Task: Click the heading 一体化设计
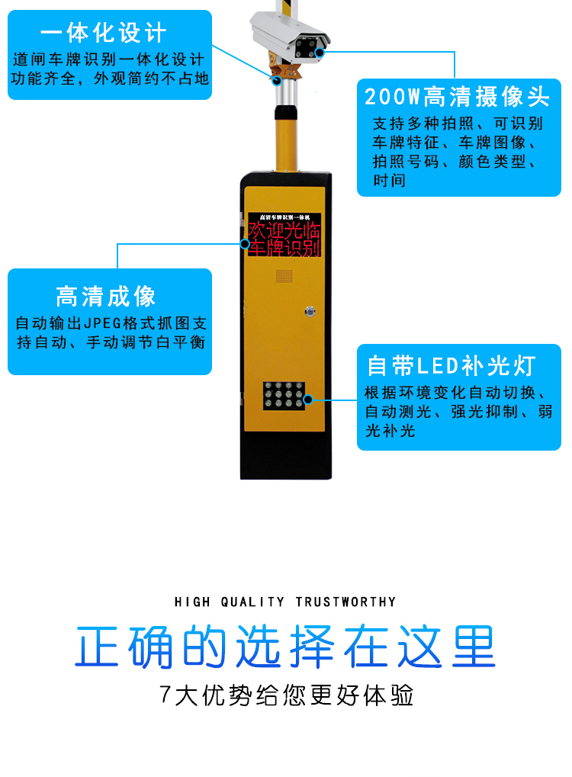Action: (103, 33)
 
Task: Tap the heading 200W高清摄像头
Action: (457, 97)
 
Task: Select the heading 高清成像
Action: (105, 297)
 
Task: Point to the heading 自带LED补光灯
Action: (451, 366)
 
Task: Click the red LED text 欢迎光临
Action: (284, 231)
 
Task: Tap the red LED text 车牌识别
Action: (284, 248)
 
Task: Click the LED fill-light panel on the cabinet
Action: (284, 396)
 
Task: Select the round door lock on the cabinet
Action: (310, 311)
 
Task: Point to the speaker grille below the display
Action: (284, 276)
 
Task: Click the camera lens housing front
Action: (307, 48)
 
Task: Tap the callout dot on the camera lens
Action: (320, 52)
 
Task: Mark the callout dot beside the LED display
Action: (244, 244)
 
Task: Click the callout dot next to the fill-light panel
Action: (308, 400)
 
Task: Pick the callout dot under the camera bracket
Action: (277, 80)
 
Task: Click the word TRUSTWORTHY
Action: (346, 602)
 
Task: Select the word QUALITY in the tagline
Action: (252, 602)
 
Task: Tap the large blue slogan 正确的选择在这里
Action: (285, 646)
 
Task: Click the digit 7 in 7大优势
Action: (165, 695)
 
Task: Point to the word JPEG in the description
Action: (103, 323)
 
